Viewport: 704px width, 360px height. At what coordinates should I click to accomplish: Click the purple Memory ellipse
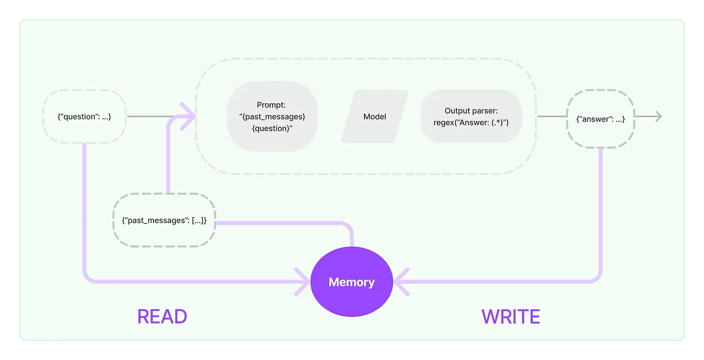pyautogui.click(x=351, y=282)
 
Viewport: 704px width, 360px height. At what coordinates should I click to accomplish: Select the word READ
pyautogui.click(x=162, y=316)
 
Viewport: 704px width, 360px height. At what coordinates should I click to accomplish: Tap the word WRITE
pyautogui.click(x=511, y=316)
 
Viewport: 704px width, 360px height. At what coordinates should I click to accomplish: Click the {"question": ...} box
pyautogui.click(x=84, y=117)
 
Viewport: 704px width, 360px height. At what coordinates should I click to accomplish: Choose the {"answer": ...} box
pyautogui.click(x=600, y=119)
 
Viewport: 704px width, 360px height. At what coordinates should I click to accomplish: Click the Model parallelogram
pyautogui.click(x=374, y=117)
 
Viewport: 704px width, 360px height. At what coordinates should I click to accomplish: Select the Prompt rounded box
pyautogui.click(x=272, y=117)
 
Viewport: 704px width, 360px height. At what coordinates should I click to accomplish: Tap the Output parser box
pyautogui.click(x=471, y=117)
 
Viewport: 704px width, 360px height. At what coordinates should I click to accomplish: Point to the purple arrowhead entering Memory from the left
pyautogui.click(x=303, y=282)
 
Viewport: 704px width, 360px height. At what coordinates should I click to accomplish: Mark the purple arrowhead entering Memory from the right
pyautogui.click(x=401, y=282)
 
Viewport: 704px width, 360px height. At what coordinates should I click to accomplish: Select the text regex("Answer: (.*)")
pyautogui.click(x=471, y=122)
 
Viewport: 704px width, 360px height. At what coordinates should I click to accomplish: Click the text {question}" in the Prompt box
pyautogui.click(x=272, y=128)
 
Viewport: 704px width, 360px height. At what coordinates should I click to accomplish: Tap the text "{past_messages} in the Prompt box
pyautogui.click(x=272, y=117)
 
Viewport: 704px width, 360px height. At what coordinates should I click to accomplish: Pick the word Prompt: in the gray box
pyautogui.click(x=272, y=105)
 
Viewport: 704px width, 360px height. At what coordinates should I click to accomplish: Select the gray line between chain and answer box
pyautogui.click(x=551, y=117)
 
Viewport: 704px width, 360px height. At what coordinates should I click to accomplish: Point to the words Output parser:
pyautogui.click(x=471, y=111)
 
